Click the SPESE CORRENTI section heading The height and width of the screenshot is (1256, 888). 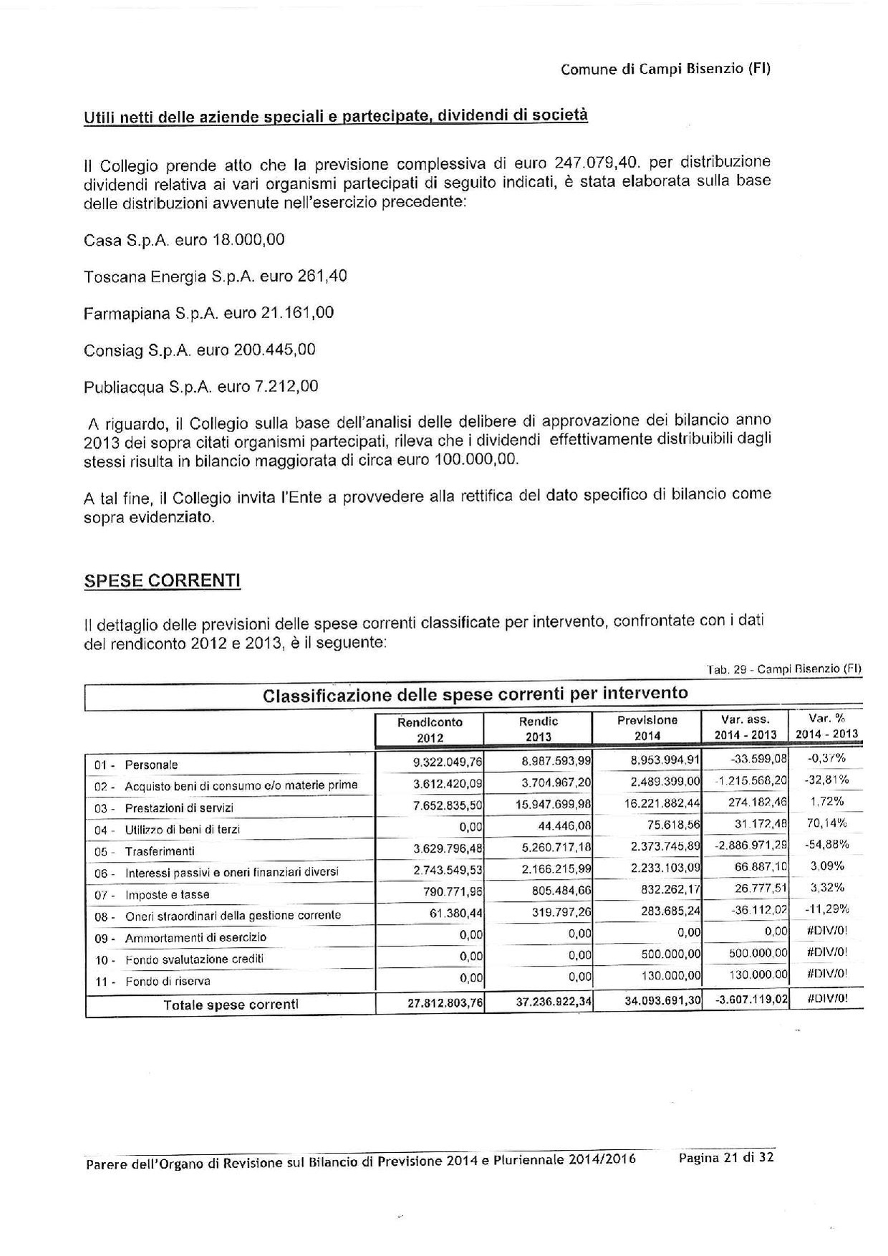(163, 580)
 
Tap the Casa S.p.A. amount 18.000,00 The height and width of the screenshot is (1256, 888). (248, 240)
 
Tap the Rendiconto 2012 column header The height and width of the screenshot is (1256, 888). (430, 729)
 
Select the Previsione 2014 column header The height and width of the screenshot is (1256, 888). (647, 727)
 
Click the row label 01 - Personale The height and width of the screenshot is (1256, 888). (136, 765)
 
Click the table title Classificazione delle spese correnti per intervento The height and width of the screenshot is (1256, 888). (476, 694)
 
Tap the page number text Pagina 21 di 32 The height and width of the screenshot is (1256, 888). (725, 1158)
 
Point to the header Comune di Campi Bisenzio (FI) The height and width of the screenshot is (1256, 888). (665, 69)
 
